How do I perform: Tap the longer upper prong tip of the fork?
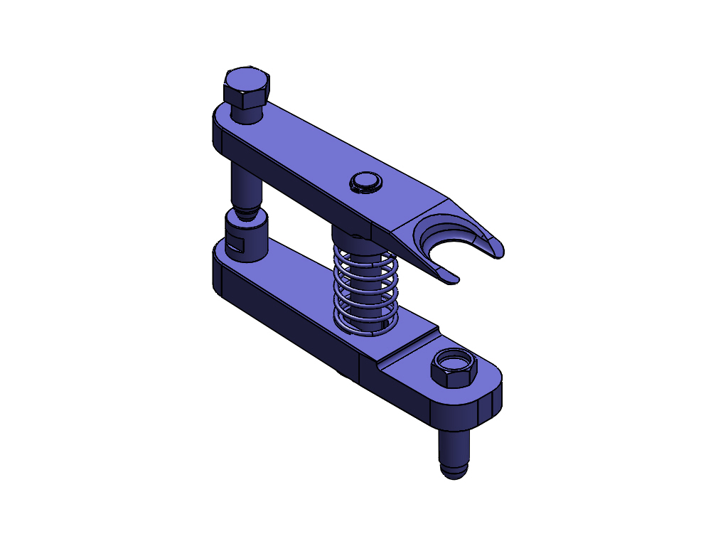click(497, 249)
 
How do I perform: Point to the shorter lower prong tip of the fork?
click(451, 280)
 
